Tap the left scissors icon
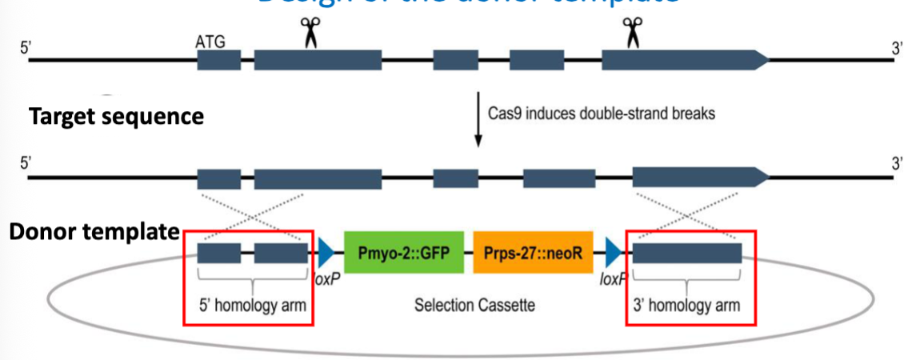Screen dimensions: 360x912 (x=309, y=32)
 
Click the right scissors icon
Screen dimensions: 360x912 (x=633, y=32)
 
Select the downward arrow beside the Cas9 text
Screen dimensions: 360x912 (x=478, y=120)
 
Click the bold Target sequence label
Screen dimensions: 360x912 (x=116, y=117)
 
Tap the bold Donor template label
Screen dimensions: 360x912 (x=93, y=233)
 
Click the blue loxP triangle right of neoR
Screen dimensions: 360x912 (x=614, y=254)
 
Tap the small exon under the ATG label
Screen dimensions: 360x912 (x=218, y=60)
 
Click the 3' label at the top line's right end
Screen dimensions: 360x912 (x=897, y=45)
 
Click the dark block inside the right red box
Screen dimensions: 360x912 (x=687, y=254)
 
